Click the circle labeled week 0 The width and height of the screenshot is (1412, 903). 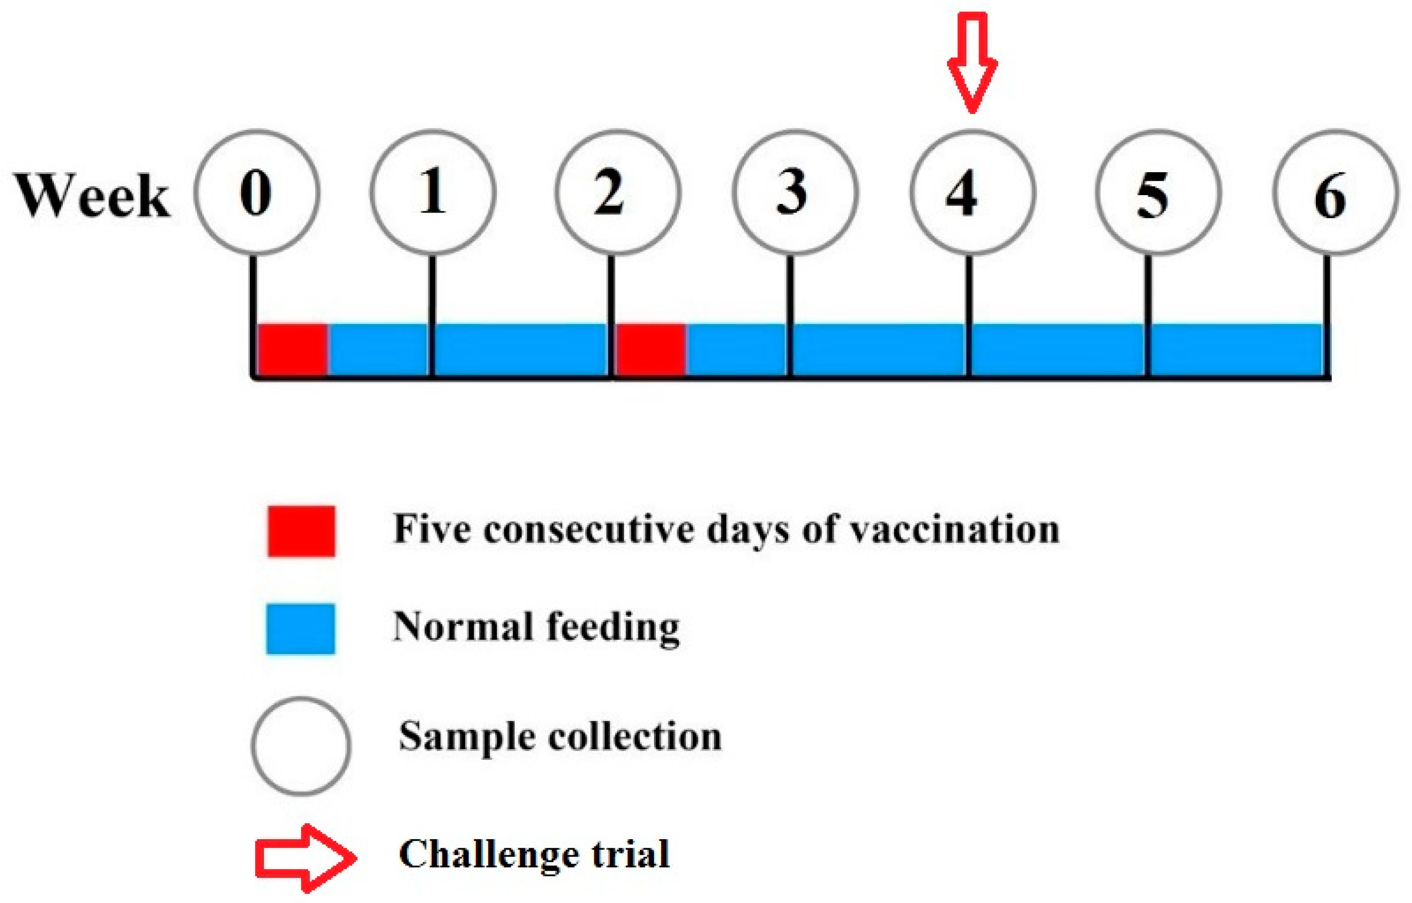[x=257, y=192]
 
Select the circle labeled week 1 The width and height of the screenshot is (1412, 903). [x=433, y=192]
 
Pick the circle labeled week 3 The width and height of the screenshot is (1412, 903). [x=795, y=192]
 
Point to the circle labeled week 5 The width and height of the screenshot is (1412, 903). [x=1158, y=192]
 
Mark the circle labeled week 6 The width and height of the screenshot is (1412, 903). [x=1335, y=192]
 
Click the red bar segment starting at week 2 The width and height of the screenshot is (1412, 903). [x=650, y=349]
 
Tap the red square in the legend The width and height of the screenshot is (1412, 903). [x=301, y=531]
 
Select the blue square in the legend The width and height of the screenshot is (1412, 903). [x=300, y=629]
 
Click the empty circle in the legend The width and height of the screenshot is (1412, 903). [x=301, y=746]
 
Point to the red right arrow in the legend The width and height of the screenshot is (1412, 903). [x=305, y=858]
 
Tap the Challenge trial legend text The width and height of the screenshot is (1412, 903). [x=534, y=854]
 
